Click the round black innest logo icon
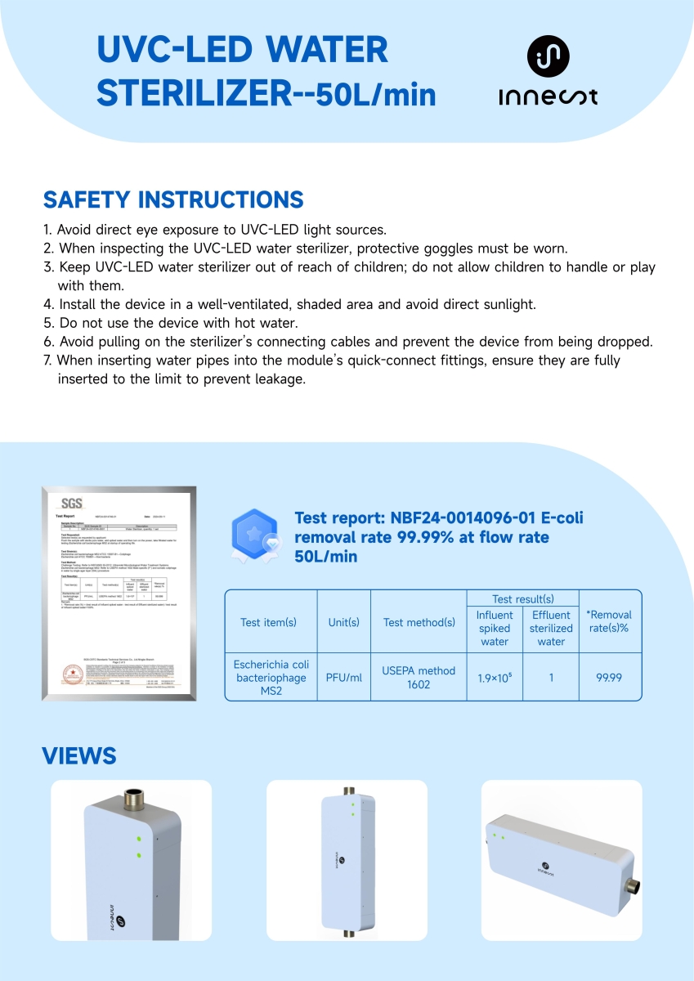pyautogui.click(x=548, y=56)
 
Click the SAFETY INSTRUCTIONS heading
pyautogui.click(x=173, y=199)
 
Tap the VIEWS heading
pyautogui.click(x=79, y=755)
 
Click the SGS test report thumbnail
pyautogui.click(x=119, y=593)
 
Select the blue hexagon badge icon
pyautogui.click(x=257, y=535)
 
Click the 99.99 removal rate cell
pyautogui.click(x=610, y=677)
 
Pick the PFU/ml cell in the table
pyautogui.click(x=343, y=677)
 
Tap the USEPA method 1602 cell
pyautogui.click(x=419, y=677)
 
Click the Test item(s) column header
pyautogui.click(x=269, y=622)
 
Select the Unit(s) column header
pyautogui.click(x=343, y=622)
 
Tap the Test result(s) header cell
pyautogui.click(x=523, y=599)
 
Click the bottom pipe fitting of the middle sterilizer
pyautogui.click(x=348, y=927)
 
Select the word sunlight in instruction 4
pyautogui.click(x=507, y=304)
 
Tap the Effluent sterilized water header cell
pyautogui.click(x=551, y=629)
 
